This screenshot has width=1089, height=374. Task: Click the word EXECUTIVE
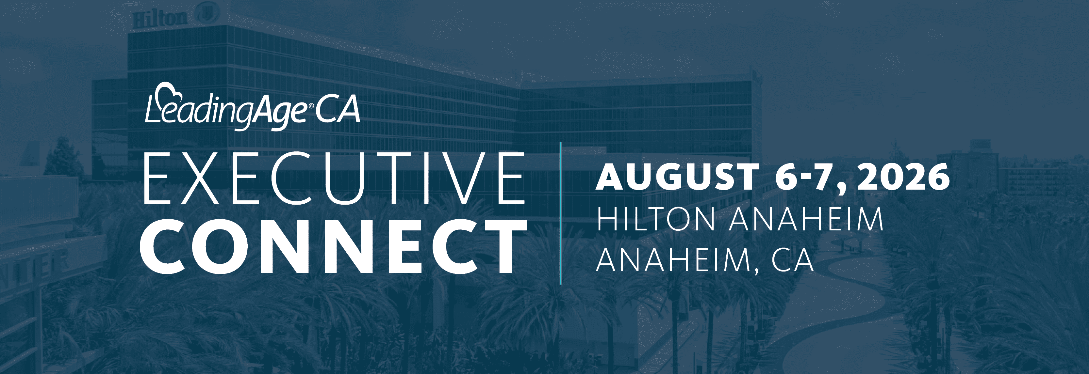[334, 178]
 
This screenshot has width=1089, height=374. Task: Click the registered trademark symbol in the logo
[311, 106]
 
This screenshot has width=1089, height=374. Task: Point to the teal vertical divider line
[561, 213]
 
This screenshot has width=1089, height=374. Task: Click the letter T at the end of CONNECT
[505, 247]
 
